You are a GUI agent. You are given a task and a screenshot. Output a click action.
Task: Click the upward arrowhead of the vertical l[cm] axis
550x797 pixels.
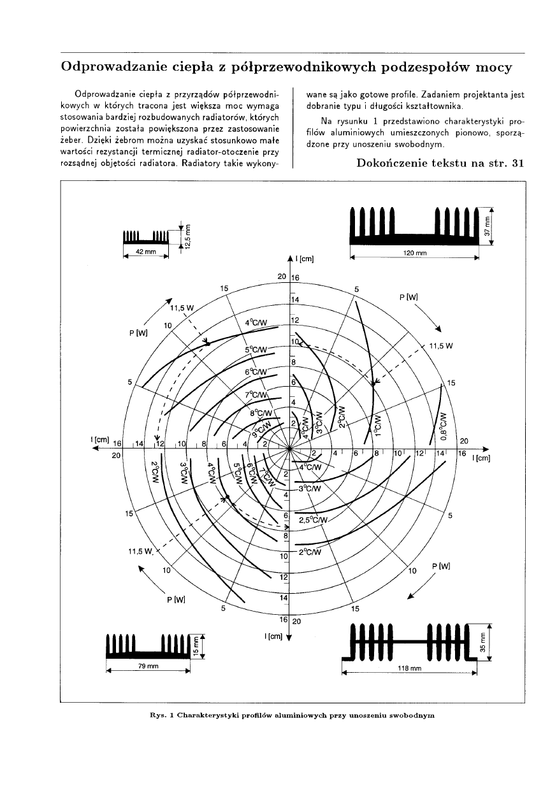point(290,258)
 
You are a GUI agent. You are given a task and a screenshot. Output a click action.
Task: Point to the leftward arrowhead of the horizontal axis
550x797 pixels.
point(97,449)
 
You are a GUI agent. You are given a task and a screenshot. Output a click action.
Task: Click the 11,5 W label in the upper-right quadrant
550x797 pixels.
point(441,347)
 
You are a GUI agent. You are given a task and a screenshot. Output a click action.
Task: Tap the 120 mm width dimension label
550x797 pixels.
point(416,253)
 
